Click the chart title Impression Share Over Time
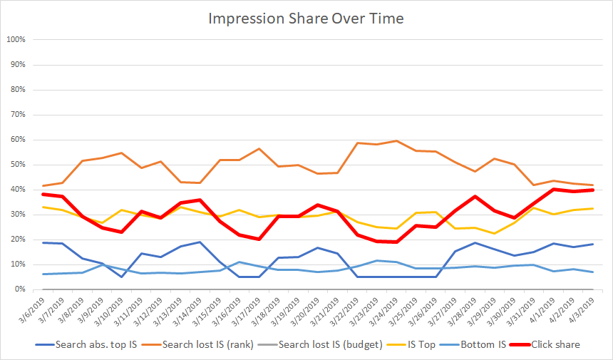306,18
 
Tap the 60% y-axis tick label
17,140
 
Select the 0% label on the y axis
19,289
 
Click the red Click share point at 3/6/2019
44,194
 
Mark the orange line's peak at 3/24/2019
396,140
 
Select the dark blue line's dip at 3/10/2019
122,277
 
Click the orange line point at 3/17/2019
259,148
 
